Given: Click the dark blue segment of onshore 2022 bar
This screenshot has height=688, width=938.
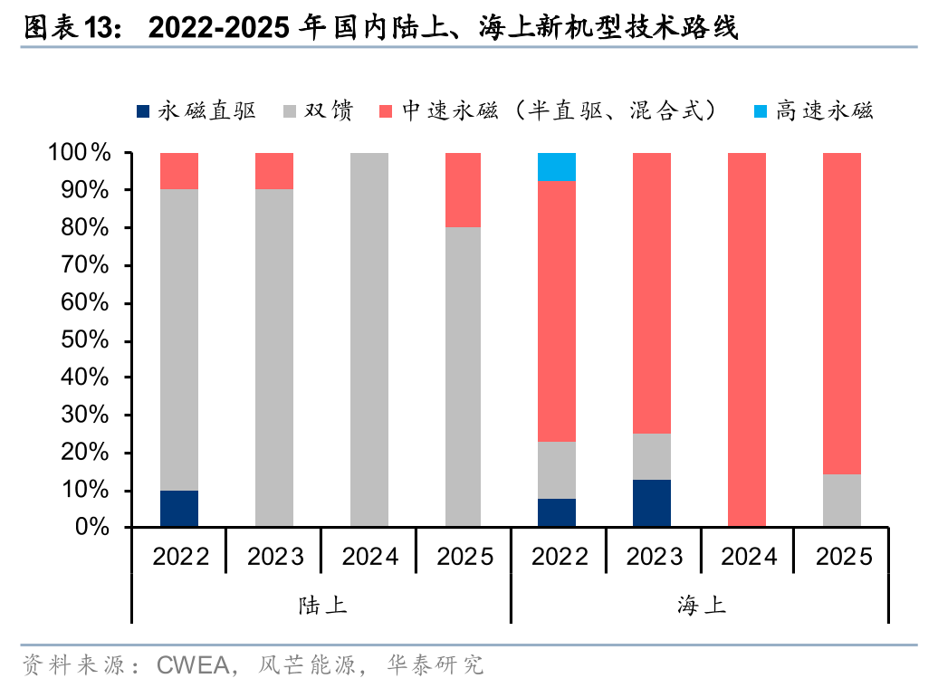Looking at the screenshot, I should [x=179, y=509].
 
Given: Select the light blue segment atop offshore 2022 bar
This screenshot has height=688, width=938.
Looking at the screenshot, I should [x=557, y=167].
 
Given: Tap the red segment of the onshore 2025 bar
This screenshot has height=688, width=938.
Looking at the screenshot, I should [x=463, y=190].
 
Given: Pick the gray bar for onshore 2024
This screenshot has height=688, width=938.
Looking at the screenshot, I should [x=368, y=339].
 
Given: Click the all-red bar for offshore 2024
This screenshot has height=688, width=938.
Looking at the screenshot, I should [x=746, y=339].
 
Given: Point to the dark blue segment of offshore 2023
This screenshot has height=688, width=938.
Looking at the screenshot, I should [x=652, y=503].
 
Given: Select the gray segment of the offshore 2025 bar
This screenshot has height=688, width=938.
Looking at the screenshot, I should [x=841, y=501].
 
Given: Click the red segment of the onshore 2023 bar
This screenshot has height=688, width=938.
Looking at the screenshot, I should [x=274, y=171].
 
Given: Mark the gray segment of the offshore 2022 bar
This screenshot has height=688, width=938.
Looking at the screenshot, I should [x=557, y=470].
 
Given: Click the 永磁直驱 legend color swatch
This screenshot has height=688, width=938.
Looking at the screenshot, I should [x=143, y=111].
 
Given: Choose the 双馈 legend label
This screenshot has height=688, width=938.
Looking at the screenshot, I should [x=328, y=111].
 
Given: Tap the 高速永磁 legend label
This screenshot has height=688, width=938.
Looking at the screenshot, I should [x=825, y=111].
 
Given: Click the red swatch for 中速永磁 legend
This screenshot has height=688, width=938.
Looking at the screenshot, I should [x=386, y=111].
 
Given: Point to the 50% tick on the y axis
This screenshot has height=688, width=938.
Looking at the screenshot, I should [x=86, y=340].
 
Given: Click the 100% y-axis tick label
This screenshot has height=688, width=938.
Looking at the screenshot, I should [x=81, y=153].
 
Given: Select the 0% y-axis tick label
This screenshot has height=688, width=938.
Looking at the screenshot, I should [x=91, y=527].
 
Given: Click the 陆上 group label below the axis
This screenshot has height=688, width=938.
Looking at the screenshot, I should [x=322, y=606].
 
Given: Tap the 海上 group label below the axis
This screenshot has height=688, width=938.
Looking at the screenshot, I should [x=701, y=606].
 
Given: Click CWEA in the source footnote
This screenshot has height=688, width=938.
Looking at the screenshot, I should [x=195, y=666].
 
